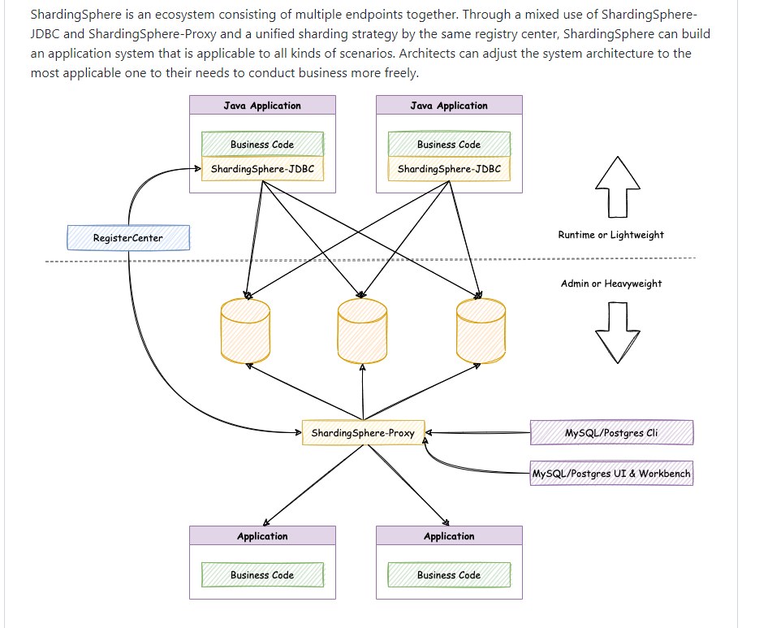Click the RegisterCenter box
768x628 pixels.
(x=128, y=238)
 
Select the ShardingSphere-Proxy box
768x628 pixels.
(x=362, y=433)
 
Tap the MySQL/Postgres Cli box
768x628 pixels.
(x=611, y=433)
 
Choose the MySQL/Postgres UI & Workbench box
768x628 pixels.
(x=611, y=473)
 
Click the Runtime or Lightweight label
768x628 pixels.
(x=611, y=235)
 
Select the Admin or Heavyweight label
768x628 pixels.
(x=611, y=284)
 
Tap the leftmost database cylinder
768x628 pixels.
(x=245, y=331)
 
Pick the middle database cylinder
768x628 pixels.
(x=362, y=331)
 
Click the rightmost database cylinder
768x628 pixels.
(x=481, y=331)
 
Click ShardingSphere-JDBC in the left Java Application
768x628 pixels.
(x=262, y=170)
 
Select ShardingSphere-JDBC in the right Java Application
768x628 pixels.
(x=449, y=170)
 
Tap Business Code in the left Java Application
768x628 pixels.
(x=262, y=145)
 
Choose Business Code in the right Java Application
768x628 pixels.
(x=449, y=145)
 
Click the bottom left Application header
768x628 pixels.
(x=262, y=536)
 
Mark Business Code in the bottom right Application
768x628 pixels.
(x=449, y=575)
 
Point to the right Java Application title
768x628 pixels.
(x=449, y=106)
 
